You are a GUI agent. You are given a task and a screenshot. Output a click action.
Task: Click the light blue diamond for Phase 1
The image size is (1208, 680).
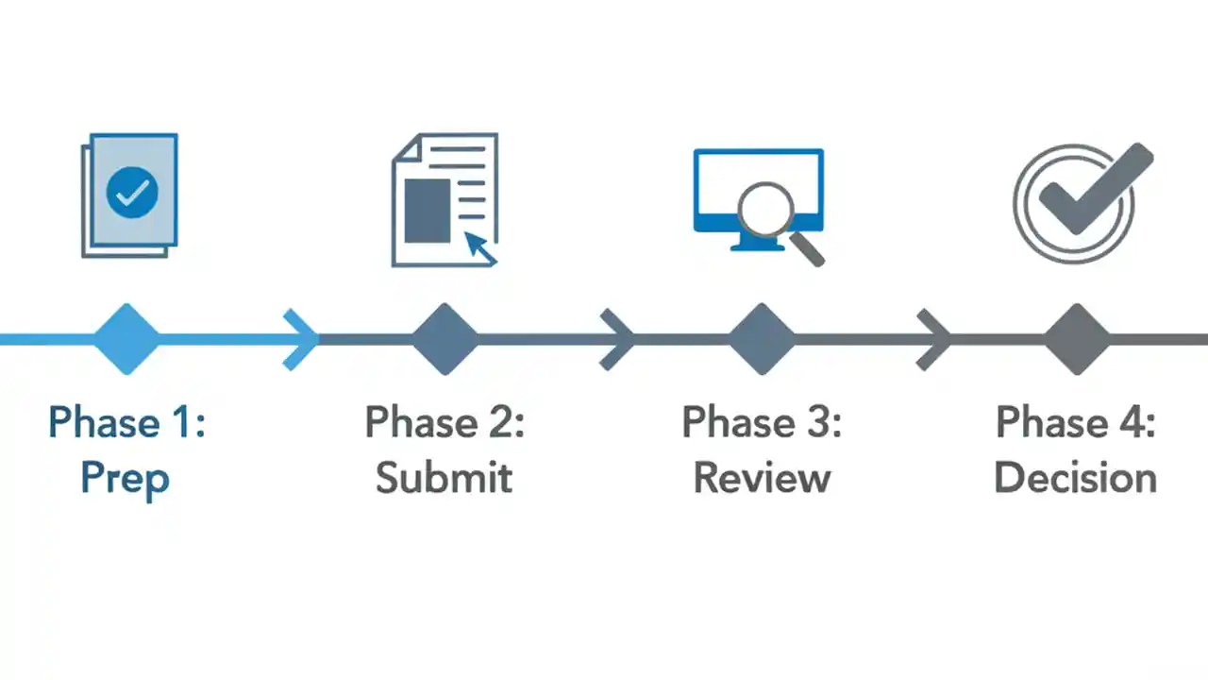pos(126,339)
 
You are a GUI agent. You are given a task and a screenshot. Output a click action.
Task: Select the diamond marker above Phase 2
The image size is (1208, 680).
pos(445,339)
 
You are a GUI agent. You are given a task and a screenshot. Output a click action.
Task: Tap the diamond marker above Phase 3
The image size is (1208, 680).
pos(762,339)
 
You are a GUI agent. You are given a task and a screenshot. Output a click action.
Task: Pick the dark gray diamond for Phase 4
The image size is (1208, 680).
pos(1077,339)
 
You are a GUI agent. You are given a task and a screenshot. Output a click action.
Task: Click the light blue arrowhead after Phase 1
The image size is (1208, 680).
pos(304,339)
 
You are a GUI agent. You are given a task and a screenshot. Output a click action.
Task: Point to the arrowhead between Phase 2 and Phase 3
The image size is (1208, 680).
pos(620,339)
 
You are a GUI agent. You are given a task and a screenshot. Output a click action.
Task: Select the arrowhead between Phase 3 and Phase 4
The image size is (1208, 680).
pos(936,339)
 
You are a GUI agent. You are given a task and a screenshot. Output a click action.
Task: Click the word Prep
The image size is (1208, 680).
pos(125,478)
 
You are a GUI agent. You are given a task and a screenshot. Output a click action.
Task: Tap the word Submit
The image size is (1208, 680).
pos(444,478)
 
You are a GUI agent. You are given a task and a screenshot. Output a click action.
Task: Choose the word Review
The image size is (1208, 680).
pos(762,478)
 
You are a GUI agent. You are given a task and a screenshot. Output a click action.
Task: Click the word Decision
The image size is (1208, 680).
pos(1076,478)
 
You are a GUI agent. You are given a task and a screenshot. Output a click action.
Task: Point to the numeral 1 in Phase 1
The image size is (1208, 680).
pos(184,422)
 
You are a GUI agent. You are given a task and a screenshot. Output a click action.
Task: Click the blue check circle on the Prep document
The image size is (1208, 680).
pos(132,192)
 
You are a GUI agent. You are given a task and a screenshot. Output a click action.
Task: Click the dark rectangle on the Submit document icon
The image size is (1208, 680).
pos(427,210)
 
